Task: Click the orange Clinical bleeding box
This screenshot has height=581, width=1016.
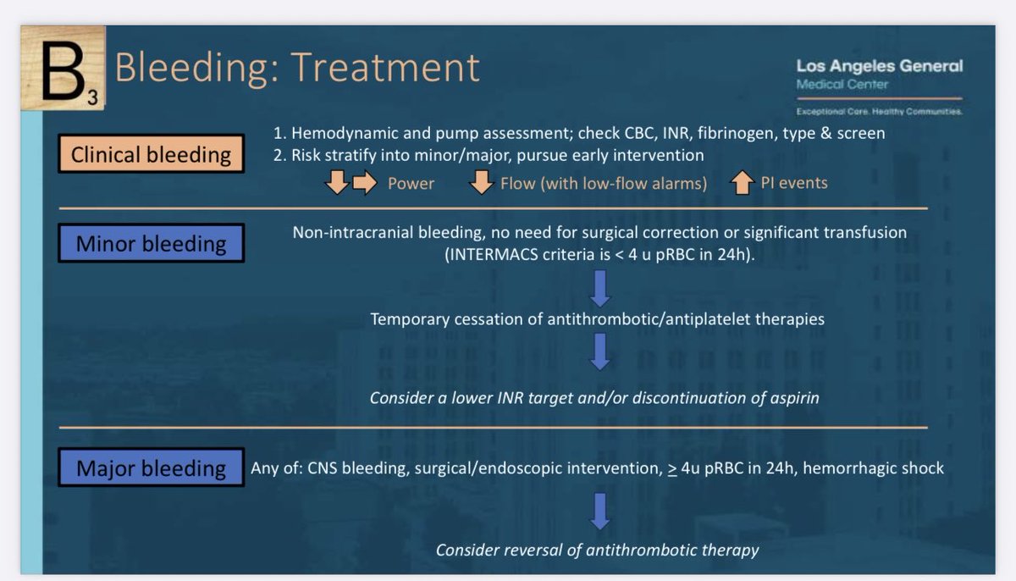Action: pyautogui.click(x=151, y=155)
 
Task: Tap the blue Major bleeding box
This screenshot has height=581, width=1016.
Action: pyautogui.click(x=151, y=468)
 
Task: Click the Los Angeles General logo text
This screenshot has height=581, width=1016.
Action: pyautogui.click(x=879, y=66)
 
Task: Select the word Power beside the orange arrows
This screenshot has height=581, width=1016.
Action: pyautogui.click(x=411, y=183)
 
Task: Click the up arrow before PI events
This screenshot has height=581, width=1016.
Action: pyautogui.click(x=743, y=182)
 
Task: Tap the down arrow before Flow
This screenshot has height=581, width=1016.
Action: pyautogui.click(x=482, y=182)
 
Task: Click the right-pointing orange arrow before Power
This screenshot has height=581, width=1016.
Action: pyautogui.click(x=364, y=182)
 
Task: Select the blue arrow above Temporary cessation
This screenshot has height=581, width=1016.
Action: pyautogui.click(x=599, y=289)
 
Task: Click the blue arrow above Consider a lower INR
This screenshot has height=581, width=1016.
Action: pyautogui.click(x=599, y=351)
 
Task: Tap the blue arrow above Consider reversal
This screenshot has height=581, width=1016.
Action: pyautogui.click(x=599, y=510)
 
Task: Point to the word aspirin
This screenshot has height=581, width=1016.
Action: pyautogui.click(x=792, y=397)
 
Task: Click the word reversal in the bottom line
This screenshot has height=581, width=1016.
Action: pyautogui.click(x=545, y=550)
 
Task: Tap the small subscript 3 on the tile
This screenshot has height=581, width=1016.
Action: pyautogui.click(x=92, y=100)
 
